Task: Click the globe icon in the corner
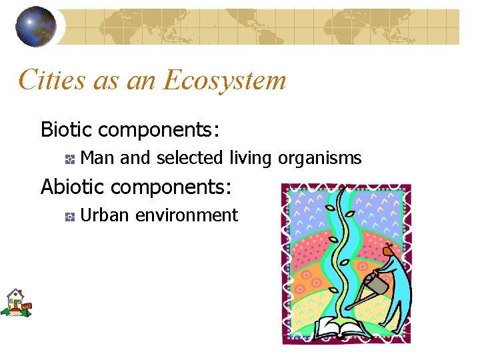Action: [x=37, y=27]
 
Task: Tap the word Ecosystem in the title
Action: [x=225, y=81]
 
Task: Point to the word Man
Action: [x=97, y=159]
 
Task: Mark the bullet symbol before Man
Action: [x=69, y=159]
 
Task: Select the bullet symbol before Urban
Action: [x=69, y=216]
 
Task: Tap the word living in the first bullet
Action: [x=250, y=159]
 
